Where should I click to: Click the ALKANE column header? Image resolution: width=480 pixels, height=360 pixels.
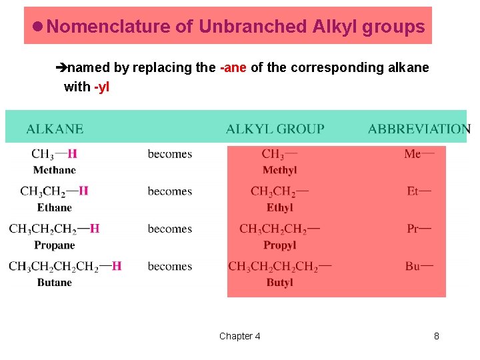[x=55, y=129]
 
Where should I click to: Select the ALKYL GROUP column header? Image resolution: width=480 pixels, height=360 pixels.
[x=275, y=129]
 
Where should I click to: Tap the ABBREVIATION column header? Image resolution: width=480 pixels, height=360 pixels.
[x=419, y=129]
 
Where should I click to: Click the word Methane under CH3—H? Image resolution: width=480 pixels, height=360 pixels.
[x=55, y=170]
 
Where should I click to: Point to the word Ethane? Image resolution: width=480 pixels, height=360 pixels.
[x=55, y=207]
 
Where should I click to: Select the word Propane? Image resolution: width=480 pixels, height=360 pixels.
[x=55, y=245]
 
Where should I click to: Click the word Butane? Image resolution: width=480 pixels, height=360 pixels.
[x=55, y=283]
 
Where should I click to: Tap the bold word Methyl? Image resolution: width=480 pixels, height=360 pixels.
[x=279, y=170]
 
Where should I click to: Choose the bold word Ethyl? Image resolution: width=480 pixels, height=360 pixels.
[x=279, y=207]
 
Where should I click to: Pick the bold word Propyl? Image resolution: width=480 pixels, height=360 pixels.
[x=279, y=245]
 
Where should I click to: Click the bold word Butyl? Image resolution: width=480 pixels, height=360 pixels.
[x=279, y=283]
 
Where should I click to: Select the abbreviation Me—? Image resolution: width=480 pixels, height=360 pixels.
[x=419, y=154]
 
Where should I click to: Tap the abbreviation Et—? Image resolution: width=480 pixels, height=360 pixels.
[x=419, y=191]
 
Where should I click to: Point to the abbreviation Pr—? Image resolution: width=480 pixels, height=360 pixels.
[x=419, y=229]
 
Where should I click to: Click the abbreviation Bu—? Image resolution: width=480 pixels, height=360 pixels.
[x=419, y=266]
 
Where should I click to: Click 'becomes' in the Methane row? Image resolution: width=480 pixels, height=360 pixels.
[x=170, y=154]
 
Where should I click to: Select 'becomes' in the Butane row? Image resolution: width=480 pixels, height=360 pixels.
[x=170, y=266]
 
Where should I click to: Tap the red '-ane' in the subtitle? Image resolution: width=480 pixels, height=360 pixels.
[x=233, y=67]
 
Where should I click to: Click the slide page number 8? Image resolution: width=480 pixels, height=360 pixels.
[x=437, y=336]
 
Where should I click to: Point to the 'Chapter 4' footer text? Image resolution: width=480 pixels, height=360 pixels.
[x=240, y=336]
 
